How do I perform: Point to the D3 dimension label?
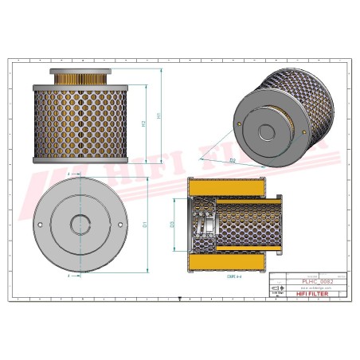click(x=172, y=225)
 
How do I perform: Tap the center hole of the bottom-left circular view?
click(x=80, y=225)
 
